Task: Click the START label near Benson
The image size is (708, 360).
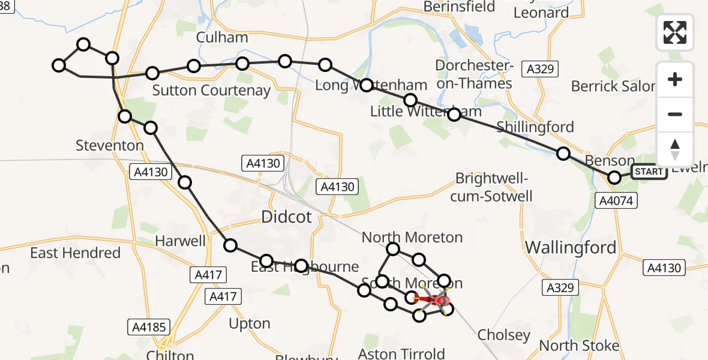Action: pos(649,172)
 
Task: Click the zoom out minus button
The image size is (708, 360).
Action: pos(675,114)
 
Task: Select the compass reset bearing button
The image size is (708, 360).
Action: pos(675,149)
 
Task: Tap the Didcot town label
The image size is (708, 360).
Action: pos(286,217)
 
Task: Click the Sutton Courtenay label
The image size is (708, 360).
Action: pos(211,91)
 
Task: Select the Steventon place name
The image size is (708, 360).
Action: pos(110,145)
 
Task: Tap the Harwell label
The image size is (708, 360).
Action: pos(180,241)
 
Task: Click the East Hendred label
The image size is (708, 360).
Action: pos(75,253)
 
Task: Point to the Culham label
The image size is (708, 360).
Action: pos(222,37)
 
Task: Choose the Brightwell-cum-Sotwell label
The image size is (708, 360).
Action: pos(494,187)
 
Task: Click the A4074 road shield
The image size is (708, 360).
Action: pos(616,201)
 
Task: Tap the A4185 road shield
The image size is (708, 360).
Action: pos(149,327)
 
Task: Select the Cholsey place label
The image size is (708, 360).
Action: pos(504,335)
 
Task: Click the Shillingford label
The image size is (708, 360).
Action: pos(535,127)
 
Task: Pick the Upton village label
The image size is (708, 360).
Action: pos(250,323)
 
